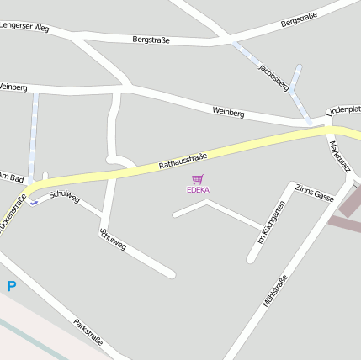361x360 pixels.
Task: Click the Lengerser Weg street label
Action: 24,28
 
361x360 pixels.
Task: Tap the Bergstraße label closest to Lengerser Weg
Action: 151,40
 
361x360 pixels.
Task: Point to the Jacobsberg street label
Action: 273,77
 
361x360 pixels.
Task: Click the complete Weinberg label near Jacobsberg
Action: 228,111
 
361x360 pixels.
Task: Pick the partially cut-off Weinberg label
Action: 13,87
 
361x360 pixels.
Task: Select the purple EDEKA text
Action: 198,190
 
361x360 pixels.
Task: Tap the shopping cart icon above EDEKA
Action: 198,179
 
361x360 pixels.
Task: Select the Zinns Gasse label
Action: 316,195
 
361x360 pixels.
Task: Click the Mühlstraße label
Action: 275,290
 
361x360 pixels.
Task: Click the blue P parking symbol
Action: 12,286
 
